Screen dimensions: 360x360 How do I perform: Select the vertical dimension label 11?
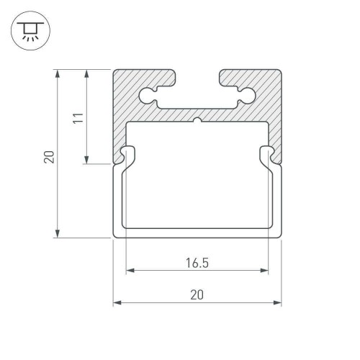coord(80,117)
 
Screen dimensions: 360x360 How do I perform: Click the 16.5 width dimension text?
coord(197,263)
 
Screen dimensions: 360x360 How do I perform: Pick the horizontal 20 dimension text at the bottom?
coord(197,294)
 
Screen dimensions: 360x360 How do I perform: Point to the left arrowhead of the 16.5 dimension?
coord(130,271)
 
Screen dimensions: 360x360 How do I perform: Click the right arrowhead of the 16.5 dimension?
coord(264,271)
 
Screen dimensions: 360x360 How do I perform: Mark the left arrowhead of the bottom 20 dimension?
coord(117,302)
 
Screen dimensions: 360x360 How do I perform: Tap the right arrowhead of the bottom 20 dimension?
coord(277,302)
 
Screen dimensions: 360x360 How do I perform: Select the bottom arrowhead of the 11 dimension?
coord(87,161)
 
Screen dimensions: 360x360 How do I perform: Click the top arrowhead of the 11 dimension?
coord(87,73)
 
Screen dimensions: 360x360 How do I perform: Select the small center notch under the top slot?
coord(197,120)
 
